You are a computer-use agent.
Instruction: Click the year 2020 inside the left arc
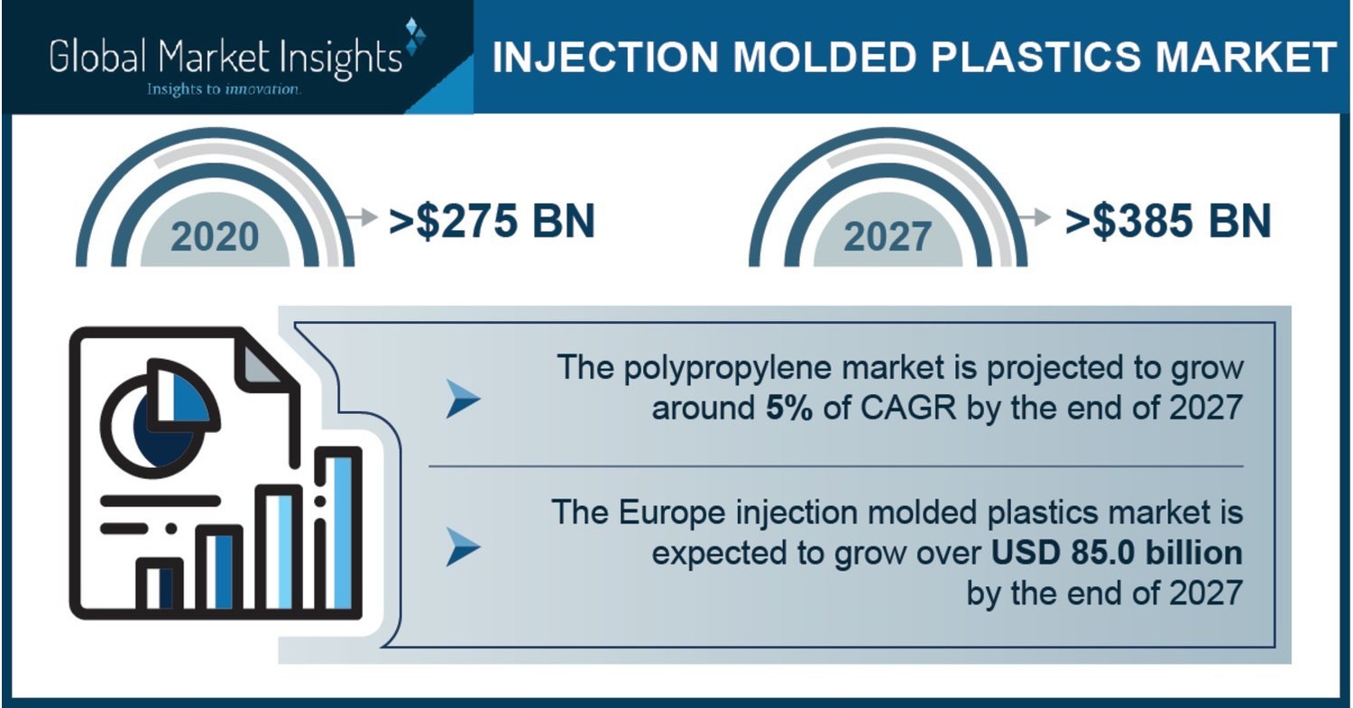(x=215, y=236)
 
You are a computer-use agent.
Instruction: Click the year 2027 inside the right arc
(x=888, y=236)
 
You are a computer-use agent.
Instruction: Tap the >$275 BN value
(x=492, y=222)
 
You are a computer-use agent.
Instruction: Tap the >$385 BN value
(x=1167, y=222)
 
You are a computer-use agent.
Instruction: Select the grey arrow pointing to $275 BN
(x=362, y=217)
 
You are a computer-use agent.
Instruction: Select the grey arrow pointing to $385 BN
(x=1036, y=217)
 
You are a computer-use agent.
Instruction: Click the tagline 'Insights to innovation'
(x=223, y=89)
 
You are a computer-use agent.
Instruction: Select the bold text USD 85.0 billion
(x=1117, y=552)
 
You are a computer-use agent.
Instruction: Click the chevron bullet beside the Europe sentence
(x=463, y=547)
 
